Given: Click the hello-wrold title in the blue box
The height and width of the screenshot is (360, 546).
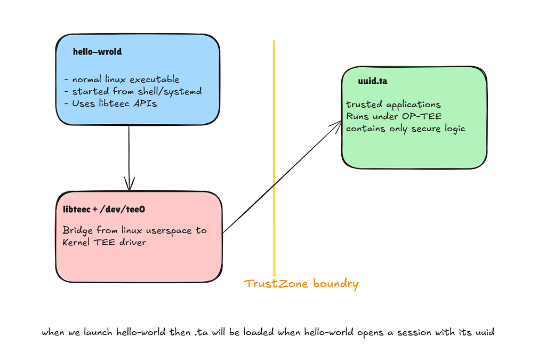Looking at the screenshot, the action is coord(98,52).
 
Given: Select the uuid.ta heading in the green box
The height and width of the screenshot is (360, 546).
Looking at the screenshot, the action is coord(373,81).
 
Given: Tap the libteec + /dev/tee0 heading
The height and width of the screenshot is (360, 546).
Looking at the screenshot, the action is coord(104,209).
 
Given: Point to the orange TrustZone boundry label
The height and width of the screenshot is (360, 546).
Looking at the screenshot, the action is coord(301,284).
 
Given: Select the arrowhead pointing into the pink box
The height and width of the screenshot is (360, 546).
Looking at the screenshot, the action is coord(130,183).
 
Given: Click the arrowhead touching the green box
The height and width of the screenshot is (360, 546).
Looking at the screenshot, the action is coord(336,125).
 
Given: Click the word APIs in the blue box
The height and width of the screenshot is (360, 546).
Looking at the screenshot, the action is coord(146,103).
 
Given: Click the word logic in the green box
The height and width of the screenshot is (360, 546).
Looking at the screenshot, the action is coord(455,129).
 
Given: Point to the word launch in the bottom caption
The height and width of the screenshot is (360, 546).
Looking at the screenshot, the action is coord(98,332).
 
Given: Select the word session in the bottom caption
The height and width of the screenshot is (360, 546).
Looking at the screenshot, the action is coord(414,332).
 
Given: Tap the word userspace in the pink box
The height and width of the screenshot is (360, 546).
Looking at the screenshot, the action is coord(169,231).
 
